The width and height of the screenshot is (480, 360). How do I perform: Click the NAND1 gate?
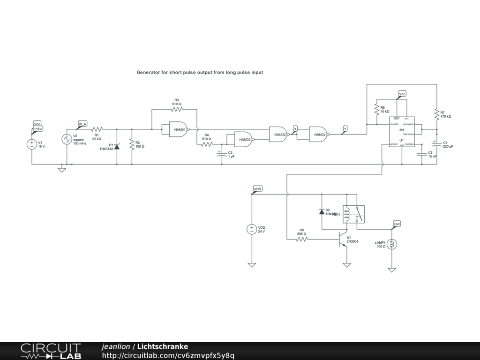pos(174,130)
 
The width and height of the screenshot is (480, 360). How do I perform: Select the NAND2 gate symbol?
pos(240,139)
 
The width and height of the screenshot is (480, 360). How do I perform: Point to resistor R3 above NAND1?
pos(177,109)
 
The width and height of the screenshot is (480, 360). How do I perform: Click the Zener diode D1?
pos(117,146)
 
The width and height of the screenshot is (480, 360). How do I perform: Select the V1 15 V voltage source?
pos(32,144)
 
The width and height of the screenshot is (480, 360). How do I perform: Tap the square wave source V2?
pos(67,139)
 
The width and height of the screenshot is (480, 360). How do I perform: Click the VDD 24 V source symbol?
pos(252,229)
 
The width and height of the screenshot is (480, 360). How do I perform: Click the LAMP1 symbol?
pos(392,244)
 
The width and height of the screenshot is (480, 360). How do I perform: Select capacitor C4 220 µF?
pos(436,144)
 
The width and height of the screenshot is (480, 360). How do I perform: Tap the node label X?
pos(295,128)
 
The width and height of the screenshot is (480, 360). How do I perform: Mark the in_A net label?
pos(82,124)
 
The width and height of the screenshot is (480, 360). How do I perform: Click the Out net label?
pos(397,224)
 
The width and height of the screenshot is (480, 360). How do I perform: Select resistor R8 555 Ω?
pos(301,239)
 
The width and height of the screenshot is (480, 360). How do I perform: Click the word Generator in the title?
pos(148,73)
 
